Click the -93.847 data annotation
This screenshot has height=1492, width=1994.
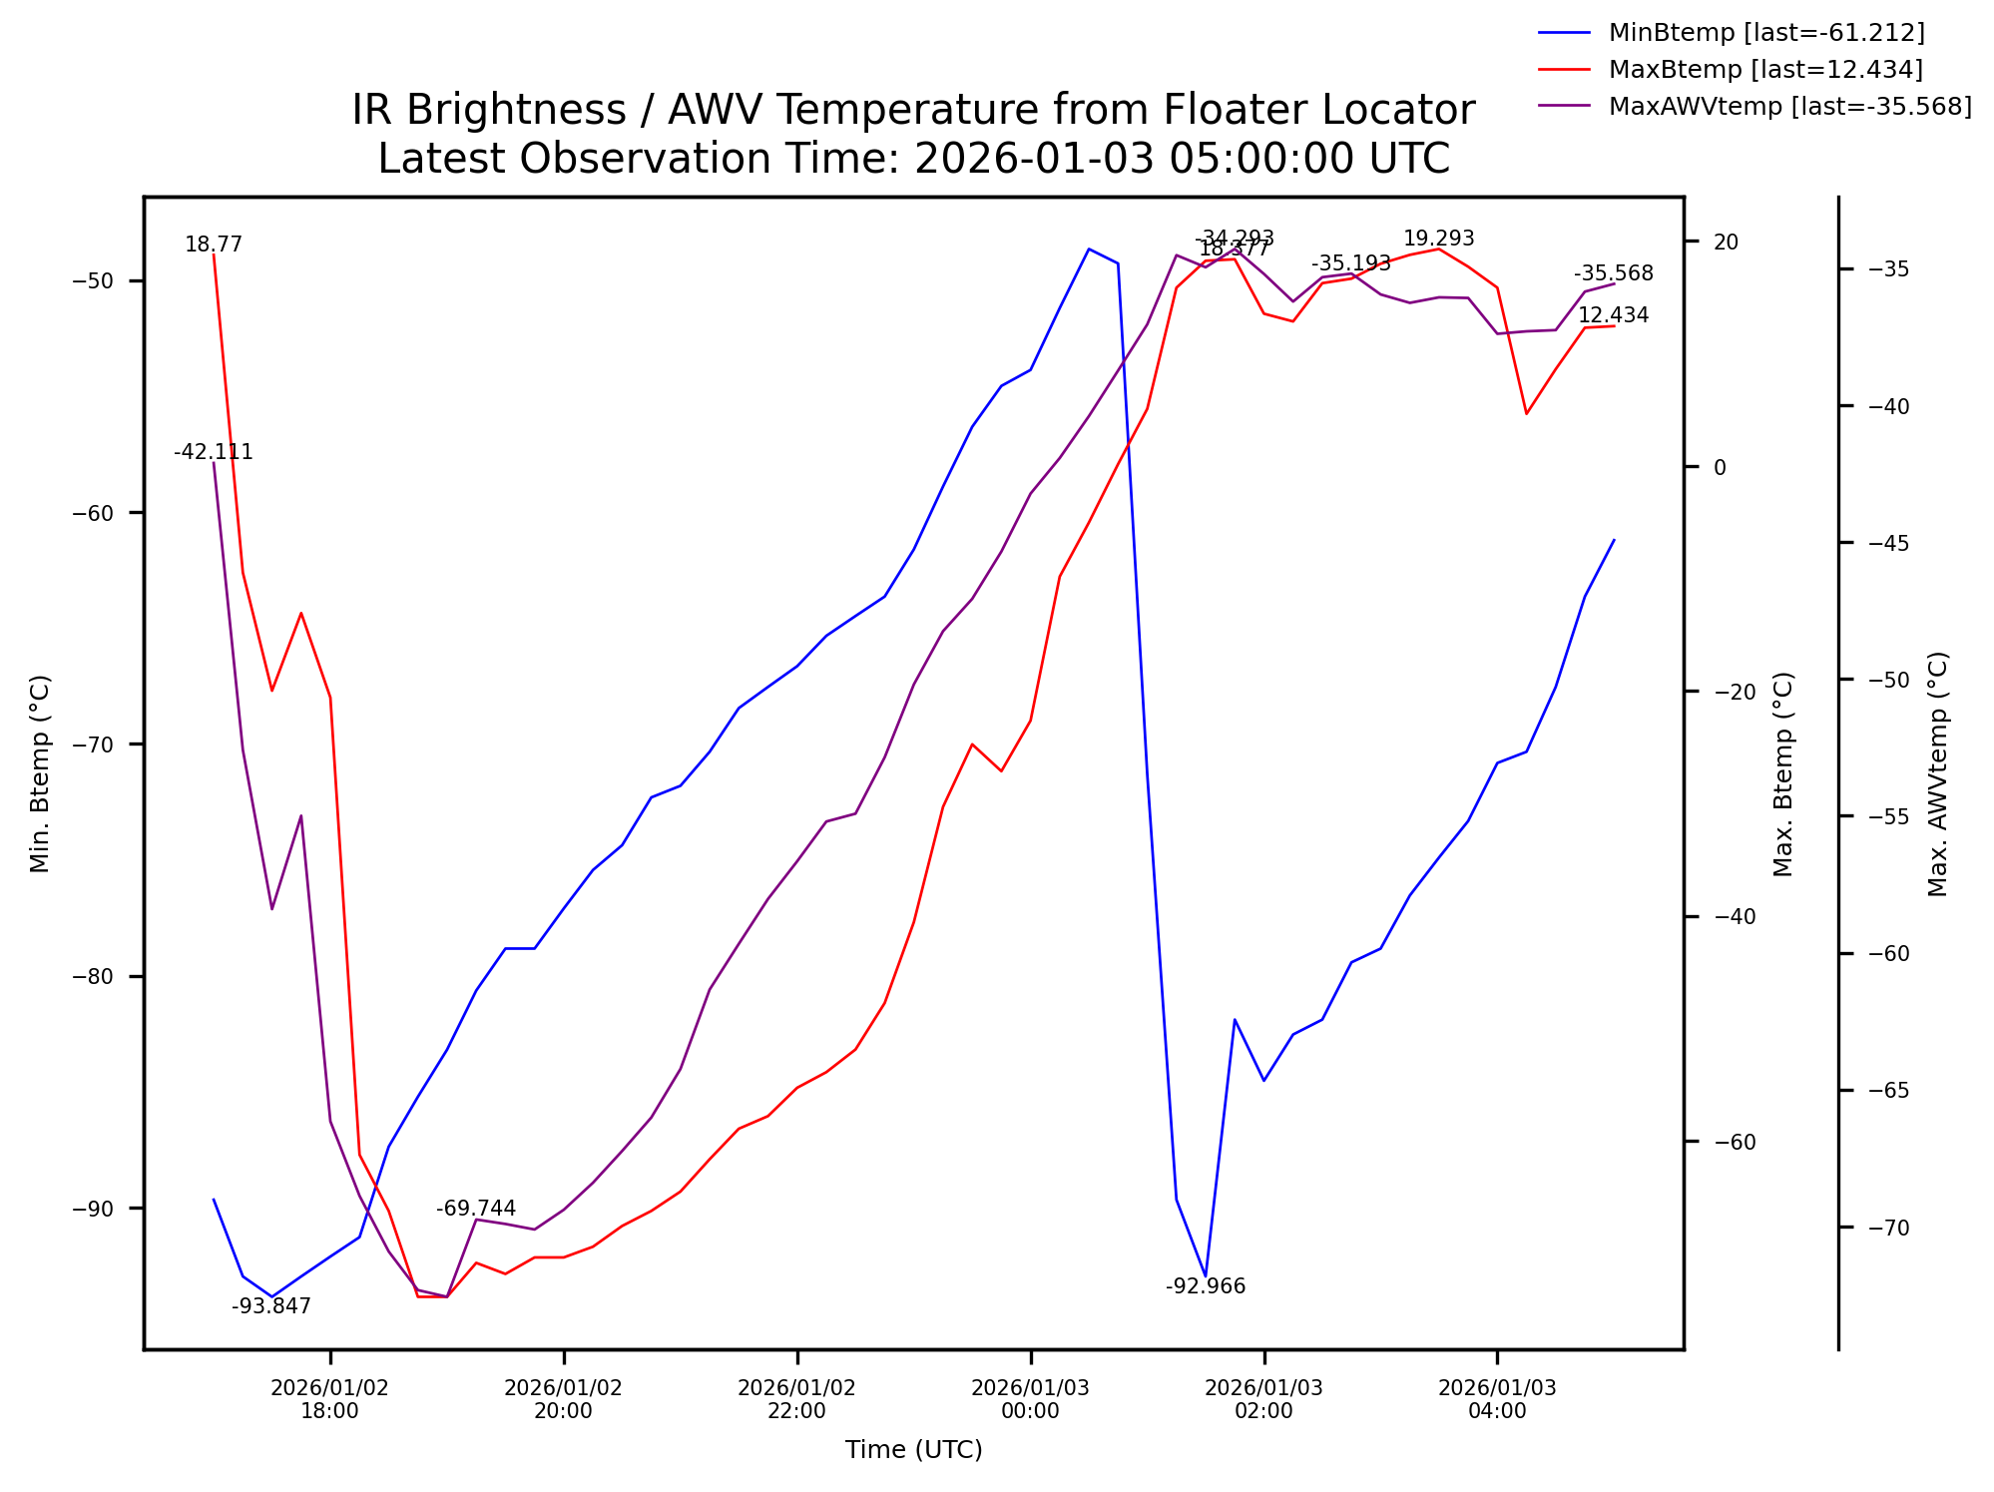pyautogui.click(x=271, y=1306)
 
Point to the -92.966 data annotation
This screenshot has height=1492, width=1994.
pyautogui.click(x=1206, y=1286)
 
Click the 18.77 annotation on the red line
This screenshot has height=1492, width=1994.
pyautogui.click(x=214, y=245)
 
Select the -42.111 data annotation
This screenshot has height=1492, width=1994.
pyautogui.click(x=214, y=452)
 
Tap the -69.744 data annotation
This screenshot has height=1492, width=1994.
pyautogui.click(x=476, y=1209)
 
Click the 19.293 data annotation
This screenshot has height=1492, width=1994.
pyautogui.click(x=1438, y=239)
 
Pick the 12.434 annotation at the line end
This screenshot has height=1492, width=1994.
pyautogui.click(x=1613, y=315)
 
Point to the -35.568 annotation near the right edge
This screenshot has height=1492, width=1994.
pyautogui.click(x=1613, y=273)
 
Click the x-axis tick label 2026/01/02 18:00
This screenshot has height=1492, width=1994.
pyautogui.click(x=330, y=1399)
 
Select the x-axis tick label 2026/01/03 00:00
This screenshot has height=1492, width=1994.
pyautogui.click(x=1031, y=1399)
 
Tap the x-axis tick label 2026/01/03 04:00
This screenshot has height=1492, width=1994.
pyautogui.click(x=1497, y=1399)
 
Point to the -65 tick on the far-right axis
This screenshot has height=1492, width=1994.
pyautogui.click(x=1887, y=1091)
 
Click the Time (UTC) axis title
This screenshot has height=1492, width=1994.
pyautogui.click(x=913, y=1450)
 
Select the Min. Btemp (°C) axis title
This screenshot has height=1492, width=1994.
pyautogui.click(x=40, y=773)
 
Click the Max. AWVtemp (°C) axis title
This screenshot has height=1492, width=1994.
pyautogui.click(x=1938, y=773)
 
